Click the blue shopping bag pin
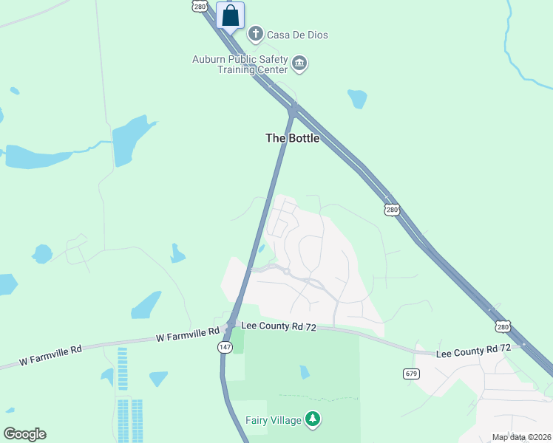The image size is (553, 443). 231,16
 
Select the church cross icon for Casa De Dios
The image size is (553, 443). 256,34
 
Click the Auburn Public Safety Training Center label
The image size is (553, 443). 240,64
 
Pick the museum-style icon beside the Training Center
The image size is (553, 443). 299,64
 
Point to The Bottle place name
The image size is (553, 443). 293,138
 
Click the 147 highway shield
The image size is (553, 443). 224,346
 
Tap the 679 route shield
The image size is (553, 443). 412,374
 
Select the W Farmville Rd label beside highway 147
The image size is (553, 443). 188,335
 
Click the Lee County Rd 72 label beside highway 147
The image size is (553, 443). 278,327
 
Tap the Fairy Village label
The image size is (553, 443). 274,420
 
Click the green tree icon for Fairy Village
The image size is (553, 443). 313,420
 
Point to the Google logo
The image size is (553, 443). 24,434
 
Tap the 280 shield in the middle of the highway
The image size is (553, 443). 392,210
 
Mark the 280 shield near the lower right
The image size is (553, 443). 503,326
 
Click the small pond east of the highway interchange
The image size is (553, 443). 358,98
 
